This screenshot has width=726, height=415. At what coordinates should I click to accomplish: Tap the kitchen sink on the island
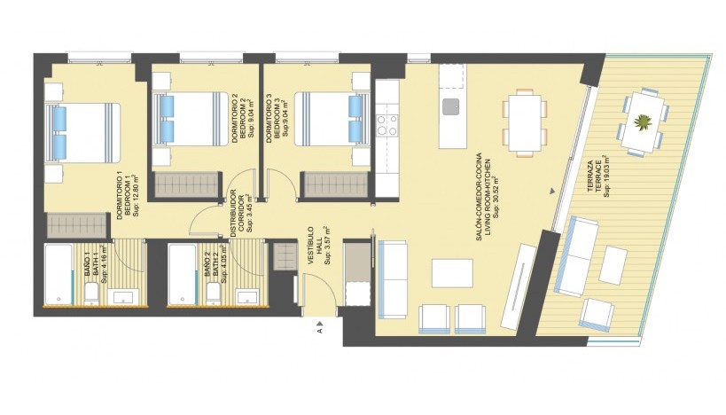point(451,107)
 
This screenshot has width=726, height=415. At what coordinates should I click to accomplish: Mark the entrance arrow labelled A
point(319,330)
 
